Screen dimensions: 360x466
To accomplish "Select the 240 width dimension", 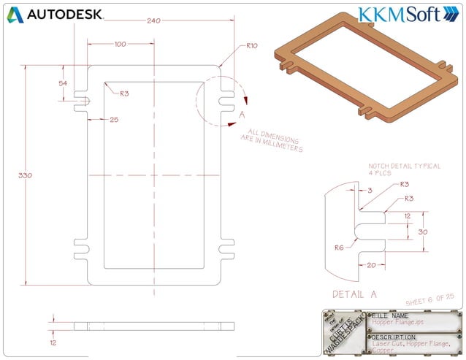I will click(x=153, y=21).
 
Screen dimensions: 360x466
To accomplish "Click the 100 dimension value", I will click(x=121, y=45).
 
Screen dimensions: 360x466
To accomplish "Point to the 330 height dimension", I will click(x=25, y=175).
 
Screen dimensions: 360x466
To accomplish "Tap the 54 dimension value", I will click(x=63, y=83).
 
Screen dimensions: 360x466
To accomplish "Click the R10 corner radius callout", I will click(x=252, y=46).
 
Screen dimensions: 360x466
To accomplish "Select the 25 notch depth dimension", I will click(x=114, y=119).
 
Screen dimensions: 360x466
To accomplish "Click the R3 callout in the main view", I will click(x=125, y=93).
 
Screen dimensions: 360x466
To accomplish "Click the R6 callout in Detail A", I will click(x=339, y=248).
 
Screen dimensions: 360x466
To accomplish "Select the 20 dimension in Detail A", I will click(x=370, y=265).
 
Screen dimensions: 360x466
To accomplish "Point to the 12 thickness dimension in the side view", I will click(x=52, y=341).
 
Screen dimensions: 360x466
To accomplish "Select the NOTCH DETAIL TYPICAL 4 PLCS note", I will click(x=405, y=170).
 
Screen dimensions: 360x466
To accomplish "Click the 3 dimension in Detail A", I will click(x=370, y=190).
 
